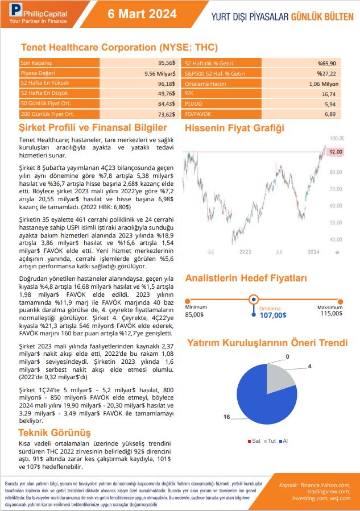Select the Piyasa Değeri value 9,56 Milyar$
click(160, 73)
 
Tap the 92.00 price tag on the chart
click(336, 152)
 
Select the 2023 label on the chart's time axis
click(245, 251)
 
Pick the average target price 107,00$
click(273, 314)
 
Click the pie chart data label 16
click(226, 417)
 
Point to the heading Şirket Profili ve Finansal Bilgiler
click(93, 128)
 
